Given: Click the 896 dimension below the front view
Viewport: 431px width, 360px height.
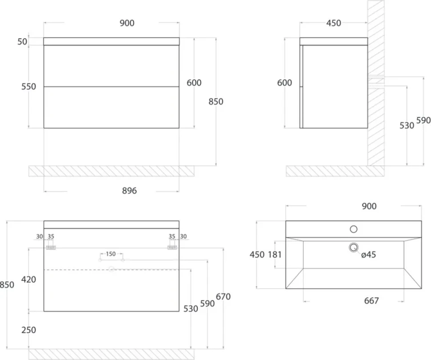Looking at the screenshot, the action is tap(129, 191).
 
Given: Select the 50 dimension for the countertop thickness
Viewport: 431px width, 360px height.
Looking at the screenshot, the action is tap(22, 41).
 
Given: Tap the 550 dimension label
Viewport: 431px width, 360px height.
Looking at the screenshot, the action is tap(28, 87).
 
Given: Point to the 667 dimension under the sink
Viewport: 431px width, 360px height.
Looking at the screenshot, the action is tap(371, 300).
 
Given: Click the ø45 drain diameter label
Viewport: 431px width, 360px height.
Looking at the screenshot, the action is tap(368, 255).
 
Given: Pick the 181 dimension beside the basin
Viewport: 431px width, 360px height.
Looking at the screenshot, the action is tap(275, 255).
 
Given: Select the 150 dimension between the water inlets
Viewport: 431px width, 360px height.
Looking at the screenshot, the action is tap(111, 254).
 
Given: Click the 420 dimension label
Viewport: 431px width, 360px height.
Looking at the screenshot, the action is tap(28, 280).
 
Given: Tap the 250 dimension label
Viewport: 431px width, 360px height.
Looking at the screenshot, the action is tap(28, 330).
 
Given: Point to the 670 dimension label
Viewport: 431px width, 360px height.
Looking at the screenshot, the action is tap(223, 297).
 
